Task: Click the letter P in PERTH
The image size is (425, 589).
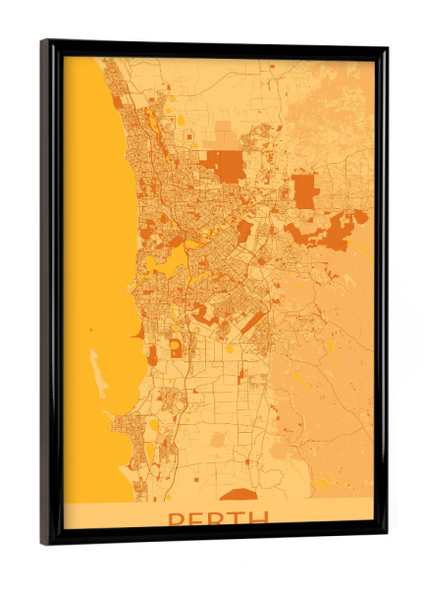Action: click(177, 519)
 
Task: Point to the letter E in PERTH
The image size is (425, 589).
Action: click(196, 519)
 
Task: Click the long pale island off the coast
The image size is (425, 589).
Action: click(98, 373)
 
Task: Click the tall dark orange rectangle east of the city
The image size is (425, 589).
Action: click(305, 190)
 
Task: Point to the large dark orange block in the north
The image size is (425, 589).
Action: click(228, 167)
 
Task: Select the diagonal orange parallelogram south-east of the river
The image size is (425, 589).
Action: click(253, 322)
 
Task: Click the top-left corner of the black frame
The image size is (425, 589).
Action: click(45, 42)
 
